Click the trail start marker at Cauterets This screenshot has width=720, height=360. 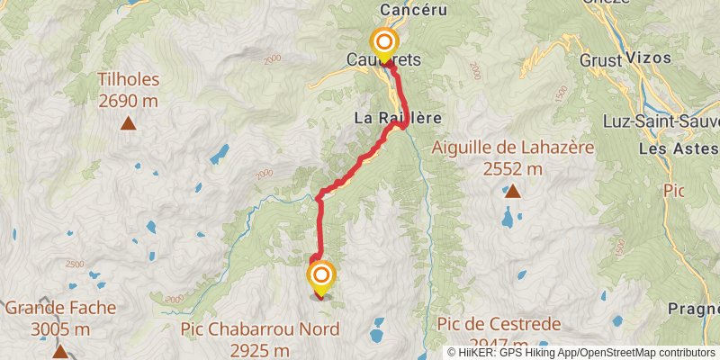[x=384, y=42]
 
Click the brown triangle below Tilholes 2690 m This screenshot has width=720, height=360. [x=129, y=125]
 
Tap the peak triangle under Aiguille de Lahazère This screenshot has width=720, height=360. [x=512, y=191]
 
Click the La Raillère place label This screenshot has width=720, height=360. [x=394, y=117]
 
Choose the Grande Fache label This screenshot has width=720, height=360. [x=60, y=308]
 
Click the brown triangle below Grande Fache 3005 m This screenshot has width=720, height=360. [x=60, y=350]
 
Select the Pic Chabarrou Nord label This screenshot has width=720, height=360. [x=259, y=329]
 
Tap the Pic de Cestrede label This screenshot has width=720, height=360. [x=499, y=324]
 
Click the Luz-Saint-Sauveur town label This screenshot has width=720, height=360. [x=675, y=121]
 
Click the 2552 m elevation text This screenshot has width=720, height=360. [x=512, y=168]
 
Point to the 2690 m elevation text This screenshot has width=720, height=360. [x=129, y=102]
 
